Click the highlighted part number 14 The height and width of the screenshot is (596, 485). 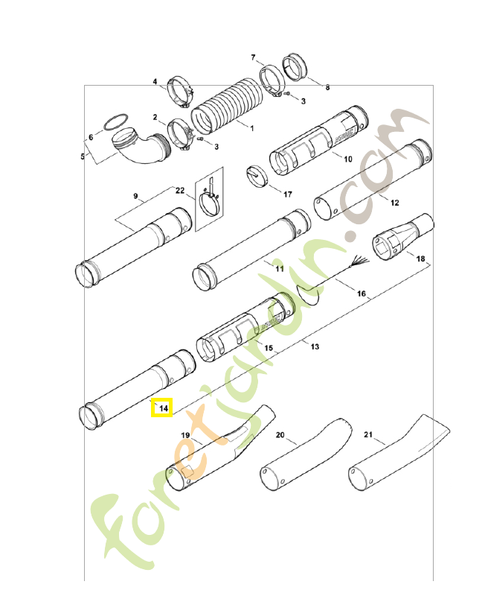pyautogui.click(x=162, y=408)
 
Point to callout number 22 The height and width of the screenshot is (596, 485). pyautogui.click(x=180, y=190)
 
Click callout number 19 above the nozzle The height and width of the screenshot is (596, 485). pyautogui.click(x=186, y=434)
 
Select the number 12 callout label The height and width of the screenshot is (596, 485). pyautogui.click(x=394, y=203)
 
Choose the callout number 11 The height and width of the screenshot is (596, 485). pyautogui.click(x=280, y=268)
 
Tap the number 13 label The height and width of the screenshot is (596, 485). pyautogui.click(x=315, y=347)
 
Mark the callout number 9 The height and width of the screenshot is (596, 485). pyautogui.click(x=136, y=197)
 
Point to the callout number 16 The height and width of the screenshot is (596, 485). pyautogui.click(x=362, y=294)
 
